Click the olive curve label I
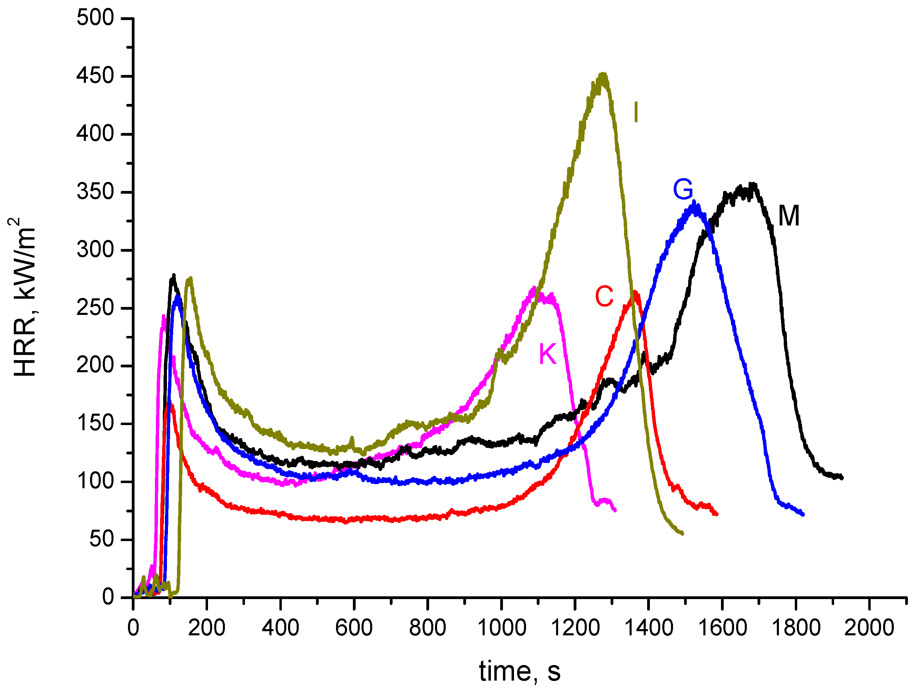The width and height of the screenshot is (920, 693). coord(635,112)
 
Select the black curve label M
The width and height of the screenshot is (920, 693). coord(789,216)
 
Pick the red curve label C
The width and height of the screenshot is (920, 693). coord(604,296)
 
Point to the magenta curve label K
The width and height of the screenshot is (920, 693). coord(547,354)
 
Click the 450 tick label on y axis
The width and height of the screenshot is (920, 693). coord(95,76)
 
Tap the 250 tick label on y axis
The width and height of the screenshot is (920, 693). coord(95,308)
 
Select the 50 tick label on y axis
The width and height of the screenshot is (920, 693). coord(101,539)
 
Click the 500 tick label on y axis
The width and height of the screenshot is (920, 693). coord(95,18)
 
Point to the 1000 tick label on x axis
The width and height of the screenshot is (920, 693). coord(501,628)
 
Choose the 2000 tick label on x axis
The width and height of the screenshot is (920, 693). coord(869,628)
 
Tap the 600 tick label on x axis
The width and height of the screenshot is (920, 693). coord(354,628)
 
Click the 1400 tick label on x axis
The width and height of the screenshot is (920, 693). coord(649,628)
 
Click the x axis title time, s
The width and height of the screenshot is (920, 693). coord(520,671)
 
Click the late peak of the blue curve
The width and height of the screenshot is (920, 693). coord(693,203)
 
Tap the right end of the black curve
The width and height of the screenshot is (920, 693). coord(841,478)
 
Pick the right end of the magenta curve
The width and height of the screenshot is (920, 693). coord(615,510)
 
